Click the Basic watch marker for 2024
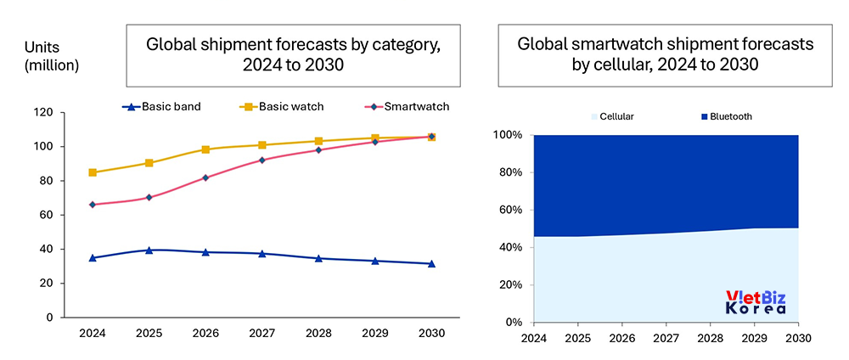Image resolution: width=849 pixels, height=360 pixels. click(92, 172)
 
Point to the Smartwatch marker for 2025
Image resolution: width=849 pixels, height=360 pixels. click(149, 197)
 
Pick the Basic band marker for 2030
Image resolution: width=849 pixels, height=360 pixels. click(431, 264)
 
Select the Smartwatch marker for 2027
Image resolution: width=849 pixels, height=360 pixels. click(261, 160)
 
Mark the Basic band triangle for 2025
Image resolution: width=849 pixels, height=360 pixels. click(149, 250)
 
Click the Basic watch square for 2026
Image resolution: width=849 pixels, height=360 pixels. click(205, 149)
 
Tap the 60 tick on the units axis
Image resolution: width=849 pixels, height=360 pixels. click(69, 215)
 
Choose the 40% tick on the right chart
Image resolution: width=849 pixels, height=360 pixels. click(511, 247)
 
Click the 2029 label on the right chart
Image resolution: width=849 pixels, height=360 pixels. click(754, 338)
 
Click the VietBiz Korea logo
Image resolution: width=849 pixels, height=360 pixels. click(755, 303)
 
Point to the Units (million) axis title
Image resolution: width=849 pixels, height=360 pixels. click(51, 56)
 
